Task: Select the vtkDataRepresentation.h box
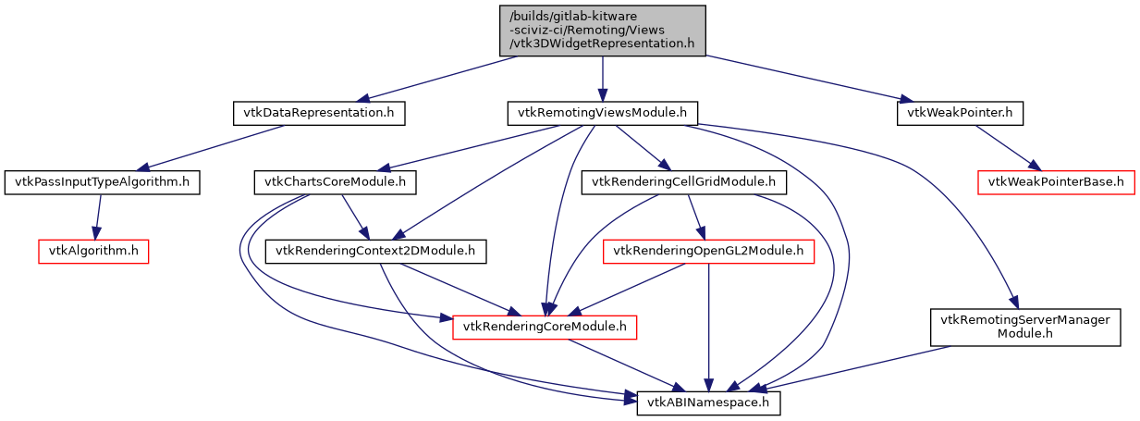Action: tap(318, 113)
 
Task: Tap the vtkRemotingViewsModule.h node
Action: tap(602, 113)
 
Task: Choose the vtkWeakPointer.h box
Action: tap(960, 113)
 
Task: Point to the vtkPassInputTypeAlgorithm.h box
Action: tap(102, 181)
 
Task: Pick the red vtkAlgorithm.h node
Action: tap(92, 250)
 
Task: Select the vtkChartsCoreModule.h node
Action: tap(334, 181)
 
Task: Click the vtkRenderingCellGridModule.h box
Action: tap(683, 181)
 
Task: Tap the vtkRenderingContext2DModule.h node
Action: tap(376, 250)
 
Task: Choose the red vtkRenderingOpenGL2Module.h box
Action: tap(708, 250)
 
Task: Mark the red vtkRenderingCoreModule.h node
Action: tap(545, 326)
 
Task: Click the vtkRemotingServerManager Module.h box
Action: tap(1024, 326)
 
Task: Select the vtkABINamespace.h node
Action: tap(708, 402)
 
